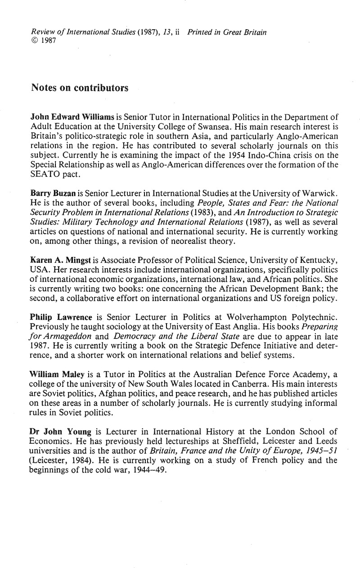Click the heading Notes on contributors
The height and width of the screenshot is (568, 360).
pos(79,88)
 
